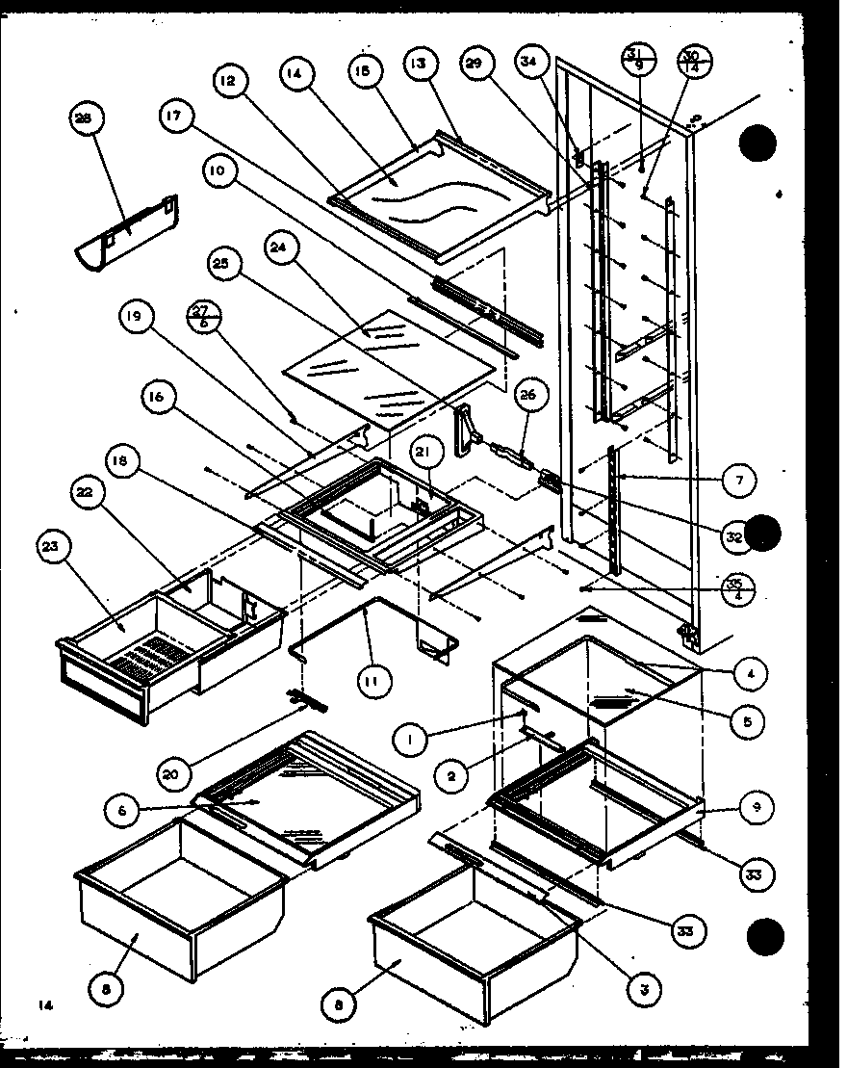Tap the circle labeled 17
tap(172, 118)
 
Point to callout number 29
tap(475, 65)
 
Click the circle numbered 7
tap(739, 479)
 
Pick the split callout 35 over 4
tap(739, 587)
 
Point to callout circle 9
tap(757, 808)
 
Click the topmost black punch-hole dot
tap(757, 146)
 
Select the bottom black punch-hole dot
tap(766, 934)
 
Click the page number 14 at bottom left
tap(44, 1005)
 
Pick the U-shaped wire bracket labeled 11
tap(371, 616)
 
